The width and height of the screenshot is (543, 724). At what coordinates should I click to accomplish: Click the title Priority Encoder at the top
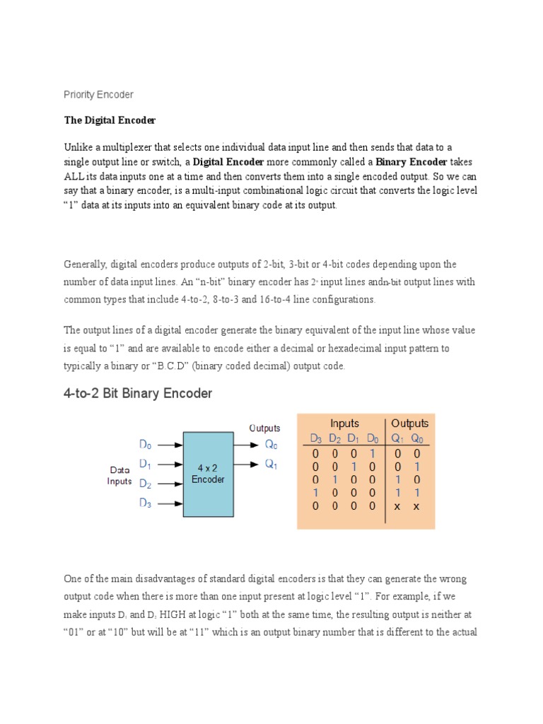click(x=98, y=94)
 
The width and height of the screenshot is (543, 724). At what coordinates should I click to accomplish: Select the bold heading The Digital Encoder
click(x=110, y=120)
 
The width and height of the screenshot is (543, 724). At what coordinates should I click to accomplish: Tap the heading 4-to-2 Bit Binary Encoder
click(x=138, y=394)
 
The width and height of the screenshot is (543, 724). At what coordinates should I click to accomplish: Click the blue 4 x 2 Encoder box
click(x=208, y=474)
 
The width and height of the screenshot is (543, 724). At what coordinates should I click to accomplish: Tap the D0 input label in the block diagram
click(x=145, y=445)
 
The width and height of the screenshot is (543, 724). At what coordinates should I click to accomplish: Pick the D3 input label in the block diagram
click(x=145, y=503)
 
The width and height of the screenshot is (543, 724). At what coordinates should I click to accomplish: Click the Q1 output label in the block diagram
click(x=271, y=465)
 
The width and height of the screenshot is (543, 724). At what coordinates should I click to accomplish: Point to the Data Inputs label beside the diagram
click(x=119, y=475)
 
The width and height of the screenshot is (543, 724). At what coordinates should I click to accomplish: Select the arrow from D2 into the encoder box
click(x=170, y=484)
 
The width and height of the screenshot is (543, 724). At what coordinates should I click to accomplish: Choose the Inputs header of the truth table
click(x=344, y=424)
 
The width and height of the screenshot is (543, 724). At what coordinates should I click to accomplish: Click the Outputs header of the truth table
click(x=409, y=424)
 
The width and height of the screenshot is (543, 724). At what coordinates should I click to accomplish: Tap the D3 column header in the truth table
click(x=316, y=438)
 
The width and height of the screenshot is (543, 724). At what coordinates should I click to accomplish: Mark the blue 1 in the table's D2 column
click(x=334, y=479)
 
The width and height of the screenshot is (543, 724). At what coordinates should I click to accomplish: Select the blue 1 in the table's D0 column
click(x=372, y=453)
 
